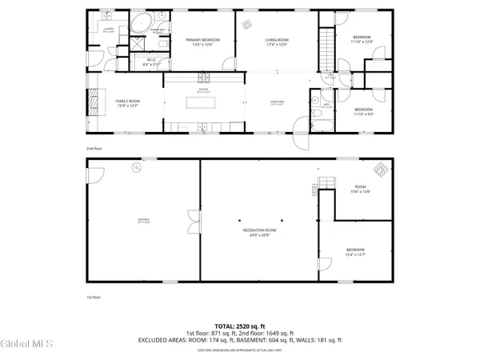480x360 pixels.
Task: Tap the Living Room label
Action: tap(277, 42)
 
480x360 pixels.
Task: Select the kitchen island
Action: tap(201, 102)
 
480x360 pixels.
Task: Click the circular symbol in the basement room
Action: tap(137, 167)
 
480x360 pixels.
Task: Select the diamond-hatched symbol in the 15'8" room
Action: tap(382, 170)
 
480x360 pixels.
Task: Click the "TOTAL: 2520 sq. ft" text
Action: tap(236, 326)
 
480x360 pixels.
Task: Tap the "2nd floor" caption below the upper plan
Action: tap(94, 148)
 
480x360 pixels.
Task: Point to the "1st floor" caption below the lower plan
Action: tap(94, 297)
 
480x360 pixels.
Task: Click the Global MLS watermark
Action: tap(27, 345)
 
